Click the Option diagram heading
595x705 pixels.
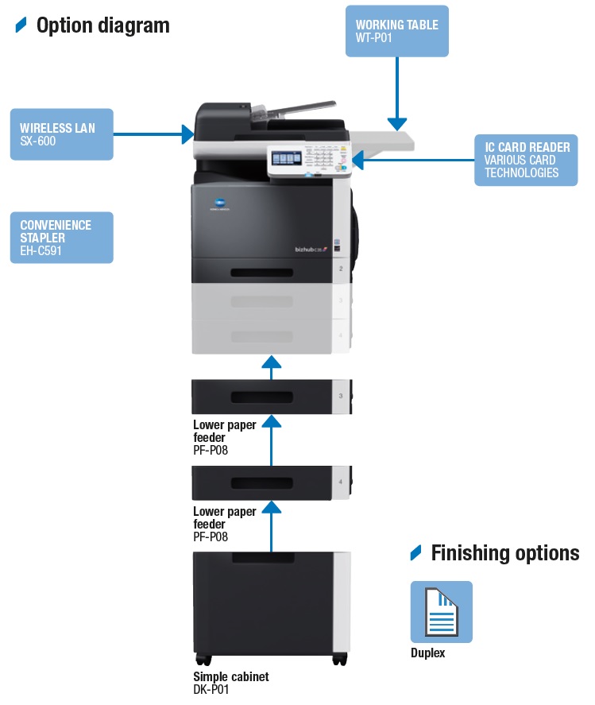click(x=102, y=25)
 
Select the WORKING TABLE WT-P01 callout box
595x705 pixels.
click(x=396, y=31)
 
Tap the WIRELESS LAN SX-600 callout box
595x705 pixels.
click(x=61, y=134)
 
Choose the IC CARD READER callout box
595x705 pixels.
click(x=526, y=160)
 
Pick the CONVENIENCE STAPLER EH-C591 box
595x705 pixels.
click(x=61, y=237)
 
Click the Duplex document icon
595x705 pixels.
click(x=441, y=612)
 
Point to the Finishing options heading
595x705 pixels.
click(x=504, y=553)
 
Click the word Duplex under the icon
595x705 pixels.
click(x=427, y=653)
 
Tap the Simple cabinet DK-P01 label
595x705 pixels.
click(x=230, y=683)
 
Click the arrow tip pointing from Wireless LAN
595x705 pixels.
click(x=189, y=134)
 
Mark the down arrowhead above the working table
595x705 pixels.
click(x=396, y=123)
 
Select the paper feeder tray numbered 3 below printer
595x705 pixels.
click(x=270, y=397)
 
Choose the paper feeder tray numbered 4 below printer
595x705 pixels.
click(x=270, y=483)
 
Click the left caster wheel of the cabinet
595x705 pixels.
click(x=203, y=660)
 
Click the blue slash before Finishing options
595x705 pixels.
click(x=415, y=553)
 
